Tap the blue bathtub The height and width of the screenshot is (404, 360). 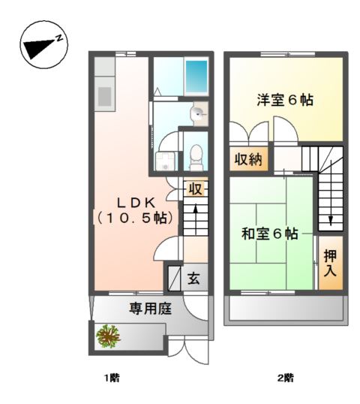point(196,76)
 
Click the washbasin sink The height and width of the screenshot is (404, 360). point(196,114)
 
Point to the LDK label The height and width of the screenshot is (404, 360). point(135,201)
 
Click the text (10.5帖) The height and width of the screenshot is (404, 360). point(135,218)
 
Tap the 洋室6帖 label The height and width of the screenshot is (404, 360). point(285,100)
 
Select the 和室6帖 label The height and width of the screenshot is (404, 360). point(269,234)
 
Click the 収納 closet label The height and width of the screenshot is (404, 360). point(247,158)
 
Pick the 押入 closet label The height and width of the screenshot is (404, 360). point(330,262)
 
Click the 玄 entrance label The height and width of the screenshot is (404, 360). point(193,279)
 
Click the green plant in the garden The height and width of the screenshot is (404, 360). point(109,335)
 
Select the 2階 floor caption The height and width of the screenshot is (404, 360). point(284,378)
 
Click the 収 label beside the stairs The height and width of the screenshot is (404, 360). point(195,188)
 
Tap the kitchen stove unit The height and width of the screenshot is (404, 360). point(103,95)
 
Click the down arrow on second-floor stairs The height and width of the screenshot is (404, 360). point(330,219)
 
